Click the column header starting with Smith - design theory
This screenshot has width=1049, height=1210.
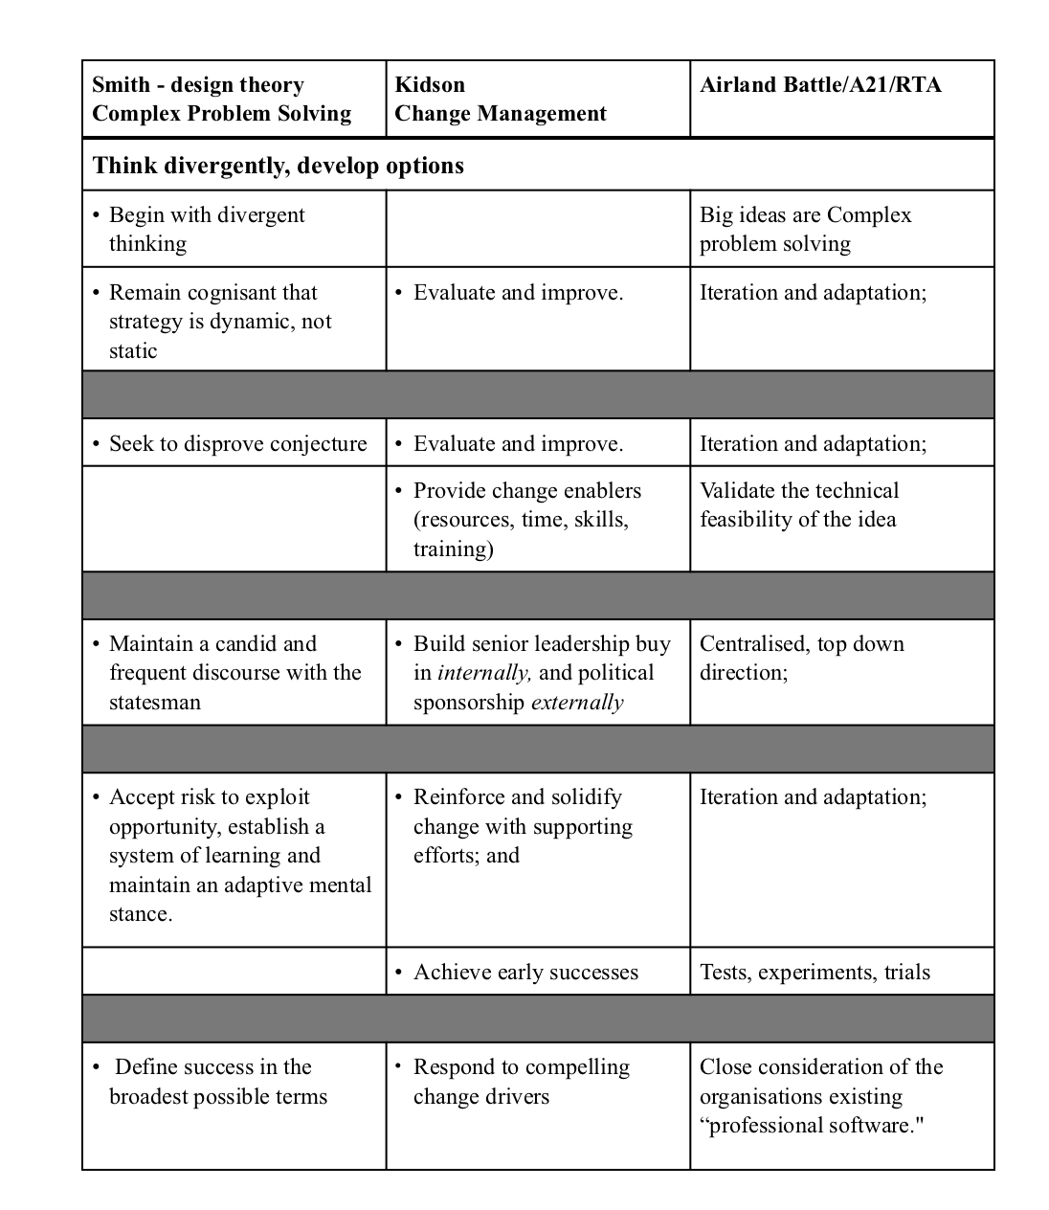click(221, 99)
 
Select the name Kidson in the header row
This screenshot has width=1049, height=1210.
click(430, 84)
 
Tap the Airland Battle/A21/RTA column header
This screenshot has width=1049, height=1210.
click(820, 84)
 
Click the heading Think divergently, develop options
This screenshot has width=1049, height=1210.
click(279, 166)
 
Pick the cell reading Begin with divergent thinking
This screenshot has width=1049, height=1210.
click(207, 229)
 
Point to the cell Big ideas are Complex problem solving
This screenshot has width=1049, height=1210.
click(805, 229)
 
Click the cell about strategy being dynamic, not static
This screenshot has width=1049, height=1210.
click(220, 321)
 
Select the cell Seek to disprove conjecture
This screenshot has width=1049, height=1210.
click(237, 443)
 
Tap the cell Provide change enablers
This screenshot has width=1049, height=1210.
click(526, 519)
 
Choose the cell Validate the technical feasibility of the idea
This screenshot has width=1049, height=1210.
click(799, 504)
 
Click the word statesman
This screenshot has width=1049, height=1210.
click(155, 702)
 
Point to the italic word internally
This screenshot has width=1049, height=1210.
click(482, 673)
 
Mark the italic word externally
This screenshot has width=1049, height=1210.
click(577, 702)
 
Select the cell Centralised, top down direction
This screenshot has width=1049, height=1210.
click(801, 658)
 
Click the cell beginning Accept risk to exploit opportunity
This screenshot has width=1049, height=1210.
click(239, 855)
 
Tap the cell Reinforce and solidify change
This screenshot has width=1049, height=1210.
click(523, 825)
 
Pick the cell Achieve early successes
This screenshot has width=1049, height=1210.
click(525, 972)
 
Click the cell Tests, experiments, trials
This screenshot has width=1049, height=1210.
click(815, 972)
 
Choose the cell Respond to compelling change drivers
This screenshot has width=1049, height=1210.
click(521, 1081)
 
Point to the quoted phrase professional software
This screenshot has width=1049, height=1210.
click(812, 1125)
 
